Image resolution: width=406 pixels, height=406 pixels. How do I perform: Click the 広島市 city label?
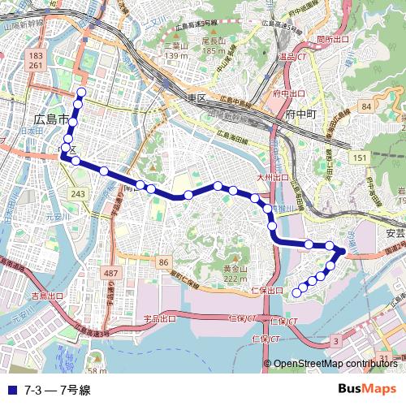pos(50,119)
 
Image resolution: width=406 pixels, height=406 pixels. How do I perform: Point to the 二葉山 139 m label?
pos(175,51)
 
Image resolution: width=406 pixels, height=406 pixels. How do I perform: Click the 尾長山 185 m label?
pos(213,45)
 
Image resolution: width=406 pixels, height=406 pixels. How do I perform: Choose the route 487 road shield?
pos(110,274)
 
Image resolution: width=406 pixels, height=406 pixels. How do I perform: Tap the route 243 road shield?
pos(78,194)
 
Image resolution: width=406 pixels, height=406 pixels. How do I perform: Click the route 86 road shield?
pos(164,261)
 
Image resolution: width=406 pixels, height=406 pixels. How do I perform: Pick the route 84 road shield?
pos(367,106)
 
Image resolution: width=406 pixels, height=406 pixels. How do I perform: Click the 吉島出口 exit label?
pos(47,296)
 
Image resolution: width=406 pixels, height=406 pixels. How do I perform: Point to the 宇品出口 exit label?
pos(160,319)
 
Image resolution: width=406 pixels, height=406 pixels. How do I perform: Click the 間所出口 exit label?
pos(333,38)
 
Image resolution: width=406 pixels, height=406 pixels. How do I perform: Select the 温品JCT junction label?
pos(292,57)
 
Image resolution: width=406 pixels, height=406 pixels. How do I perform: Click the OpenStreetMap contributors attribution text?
pos(335,364)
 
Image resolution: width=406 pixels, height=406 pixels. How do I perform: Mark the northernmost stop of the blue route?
pos(80,91)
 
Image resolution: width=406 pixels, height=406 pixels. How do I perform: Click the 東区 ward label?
pos(197,97)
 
